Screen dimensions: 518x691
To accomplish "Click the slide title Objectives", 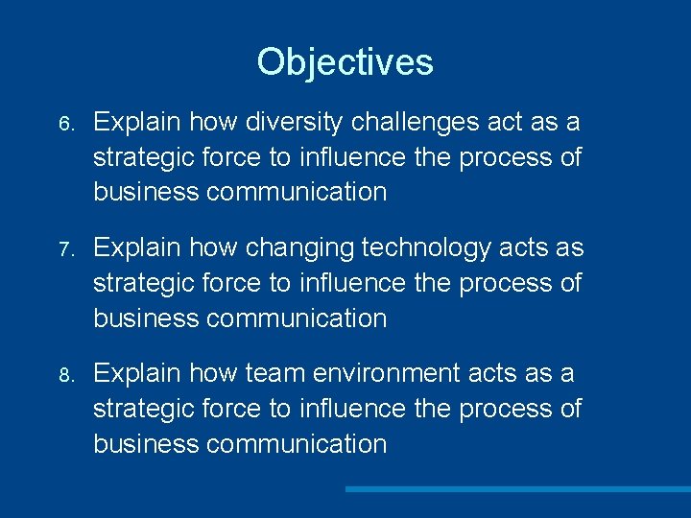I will pos(345,62).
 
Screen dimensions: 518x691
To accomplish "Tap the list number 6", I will pos(64,125).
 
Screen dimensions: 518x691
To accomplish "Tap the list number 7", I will pos(64,250).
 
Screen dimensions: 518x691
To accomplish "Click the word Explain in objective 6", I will pos(138,123).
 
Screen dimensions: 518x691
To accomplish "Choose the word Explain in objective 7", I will pos(138,248).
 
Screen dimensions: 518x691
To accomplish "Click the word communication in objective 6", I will pos(297,192).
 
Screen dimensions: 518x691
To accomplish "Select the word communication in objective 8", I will pos(297,443).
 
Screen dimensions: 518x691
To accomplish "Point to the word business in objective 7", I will pos(146,318).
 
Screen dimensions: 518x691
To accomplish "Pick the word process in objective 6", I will pos(506,157).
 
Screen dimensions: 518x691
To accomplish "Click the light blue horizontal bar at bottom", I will pos(517,489).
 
